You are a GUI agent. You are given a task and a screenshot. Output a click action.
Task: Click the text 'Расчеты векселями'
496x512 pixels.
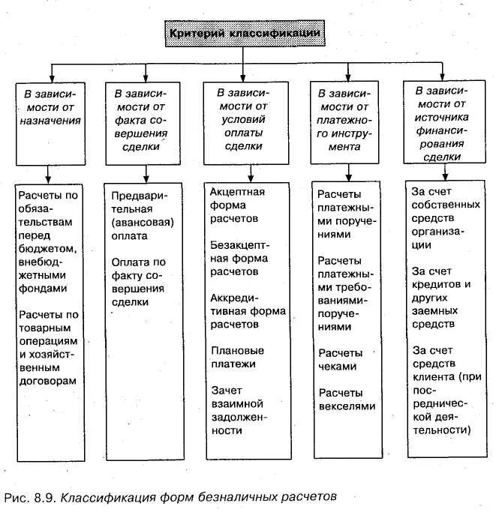point(346,400)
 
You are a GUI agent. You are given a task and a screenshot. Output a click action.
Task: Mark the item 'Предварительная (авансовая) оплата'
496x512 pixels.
point(142,215)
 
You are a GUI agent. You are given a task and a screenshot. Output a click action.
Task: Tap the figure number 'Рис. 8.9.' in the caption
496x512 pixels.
point(31,497)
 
